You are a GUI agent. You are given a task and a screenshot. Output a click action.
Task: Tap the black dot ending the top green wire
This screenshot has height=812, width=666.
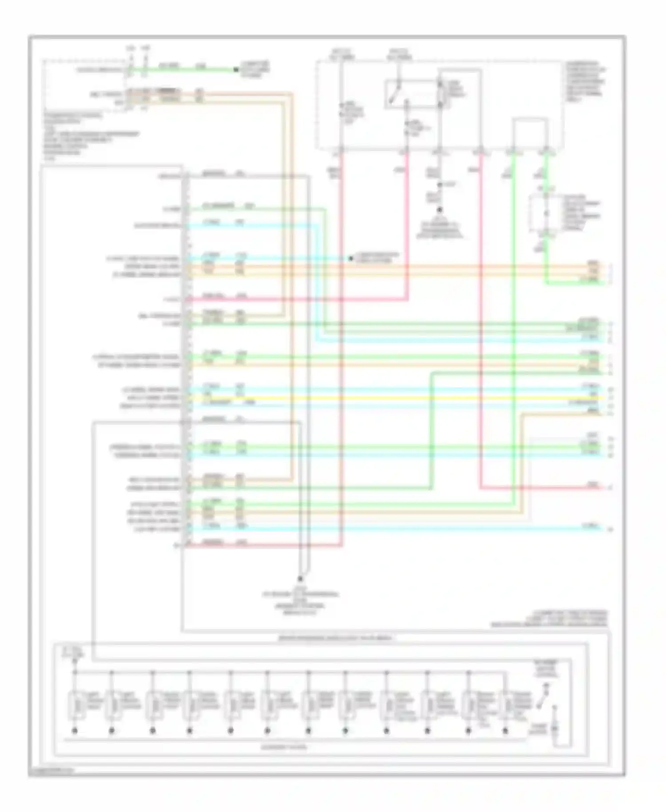pos(236,70)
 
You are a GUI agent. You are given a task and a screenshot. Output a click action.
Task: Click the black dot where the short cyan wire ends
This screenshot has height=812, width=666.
pos(350,258)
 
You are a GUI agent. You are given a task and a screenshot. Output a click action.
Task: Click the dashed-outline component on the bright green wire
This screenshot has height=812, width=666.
pos(546,214)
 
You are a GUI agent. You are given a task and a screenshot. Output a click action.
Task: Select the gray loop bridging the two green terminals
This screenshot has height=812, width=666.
pos(530,133)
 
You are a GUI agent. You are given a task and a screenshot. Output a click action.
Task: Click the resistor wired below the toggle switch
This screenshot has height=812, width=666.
pos(554,728)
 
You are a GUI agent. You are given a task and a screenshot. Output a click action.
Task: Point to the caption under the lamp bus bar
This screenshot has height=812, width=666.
pos(284,747)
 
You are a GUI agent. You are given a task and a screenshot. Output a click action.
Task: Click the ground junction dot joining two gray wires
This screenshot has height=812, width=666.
pos(300,578)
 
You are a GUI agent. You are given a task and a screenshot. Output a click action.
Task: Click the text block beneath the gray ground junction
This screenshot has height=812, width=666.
pos(300,602)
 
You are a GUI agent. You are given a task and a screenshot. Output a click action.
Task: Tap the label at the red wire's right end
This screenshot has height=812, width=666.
pos(593,485)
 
